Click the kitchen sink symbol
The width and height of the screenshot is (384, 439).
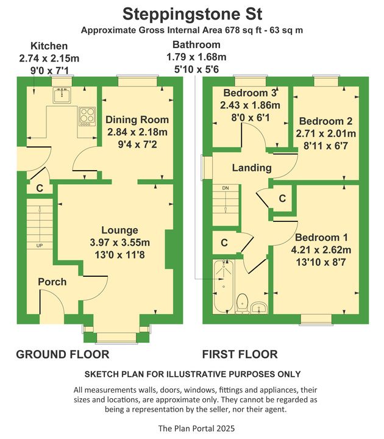(x=62, y=95)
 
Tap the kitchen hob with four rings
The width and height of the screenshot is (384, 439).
(x=87, y=116)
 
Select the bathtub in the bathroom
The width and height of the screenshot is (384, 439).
(x=223, y=287)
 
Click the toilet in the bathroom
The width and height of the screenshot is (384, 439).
(x=242, y=304)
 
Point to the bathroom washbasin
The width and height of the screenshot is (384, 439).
(x=259, y=308)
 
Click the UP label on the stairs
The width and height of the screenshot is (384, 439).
(x=40, y=246)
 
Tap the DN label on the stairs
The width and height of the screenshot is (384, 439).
(x=226, y=188)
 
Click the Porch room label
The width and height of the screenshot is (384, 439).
(x=52, y=282)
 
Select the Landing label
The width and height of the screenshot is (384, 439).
(x=252, y=168)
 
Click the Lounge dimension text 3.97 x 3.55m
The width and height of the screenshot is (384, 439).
(x=120, y=243)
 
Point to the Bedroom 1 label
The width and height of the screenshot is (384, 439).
(x=321, y=237)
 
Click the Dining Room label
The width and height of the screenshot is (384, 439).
(x=137, y=120)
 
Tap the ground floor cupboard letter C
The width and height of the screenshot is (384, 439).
(x=40, y=188)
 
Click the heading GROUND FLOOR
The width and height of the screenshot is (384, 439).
(x=63, y=354)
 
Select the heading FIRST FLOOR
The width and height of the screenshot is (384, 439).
(x=240, y=354)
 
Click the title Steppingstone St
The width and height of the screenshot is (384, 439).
(x=192, y=14)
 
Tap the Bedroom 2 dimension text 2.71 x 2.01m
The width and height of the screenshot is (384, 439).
(x=325, y=134)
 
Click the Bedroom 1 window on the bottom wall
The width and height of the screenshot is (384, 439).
(x=316, y=319)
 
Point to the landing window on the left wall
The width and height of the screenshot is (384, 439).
(x=207, y=167)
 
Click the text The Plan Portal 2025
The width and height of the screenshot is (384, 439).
(x=196, y=429)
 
